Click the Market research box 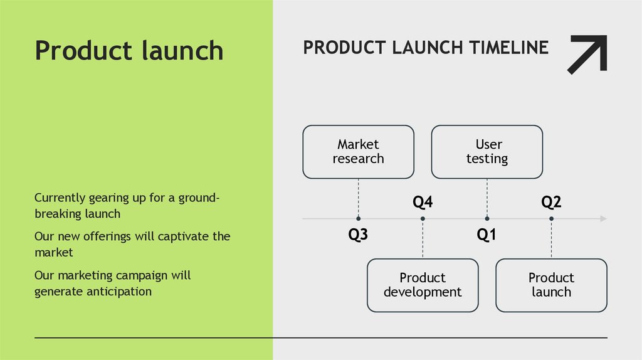pos(358,152)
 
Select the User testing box pos(487,152)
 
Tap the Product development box pos(423,285)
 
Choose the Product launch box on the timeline pos(551,285)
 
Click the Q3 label pos(358,235)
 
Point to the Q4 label pos(423,202)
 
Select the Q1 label pos(487,235)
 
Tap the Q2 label pos(551,202)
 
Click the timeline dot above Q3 pos(358,218)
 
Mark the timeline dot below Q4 pos(423,218)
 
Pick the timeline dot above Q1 pos(487,218)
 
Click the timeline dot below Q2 pos(551,218)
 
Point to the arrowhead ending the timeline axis pos(603,218)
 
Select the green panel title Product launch pos(129,50)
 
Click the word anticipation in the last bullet pos(119,291)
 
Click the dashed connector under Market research pos(358,198)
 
